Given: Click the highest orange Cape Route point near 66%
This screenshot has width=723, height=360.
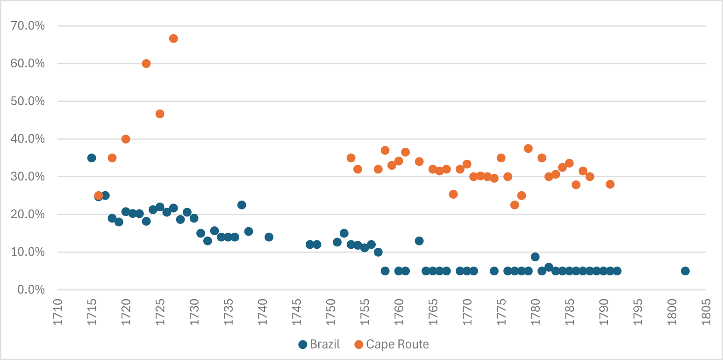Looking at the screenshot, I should [173, 38].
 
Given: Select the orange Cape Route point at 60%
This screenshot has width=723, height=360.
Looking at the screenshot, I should [146, 64].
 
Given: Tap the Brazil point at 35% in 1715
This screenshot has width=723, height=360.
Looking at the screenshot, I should [92, 158].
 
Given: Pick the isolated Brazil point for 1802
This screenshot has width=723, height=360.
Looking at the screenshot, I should [685, 271].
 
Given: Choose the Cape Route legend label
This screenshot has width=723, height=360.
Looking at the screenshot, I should [397, 345].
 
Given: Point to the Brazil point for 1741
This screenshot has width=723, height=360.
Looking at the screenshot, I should [269, 237].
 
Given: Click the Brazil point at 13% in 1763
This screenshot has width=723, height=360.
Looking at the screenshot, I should [419, 241].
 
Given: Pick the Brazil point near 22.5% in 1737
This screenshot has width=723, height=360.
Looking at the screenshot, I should [242, 205].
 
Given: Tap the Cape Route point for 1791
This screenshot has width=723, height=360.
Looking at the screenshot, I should [610, 184].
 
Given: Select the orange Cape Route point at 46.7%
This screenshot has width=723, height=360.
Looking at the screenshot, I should [160, 114].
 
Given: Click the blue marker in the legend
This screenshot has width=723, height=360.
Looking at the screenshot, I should [303, 345].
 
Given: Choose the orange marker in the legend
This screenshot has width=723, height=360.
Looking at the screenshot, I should [359, 345].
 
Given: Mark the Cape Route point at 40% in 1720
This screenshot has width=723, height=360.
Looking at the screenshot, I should [126, 139].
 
